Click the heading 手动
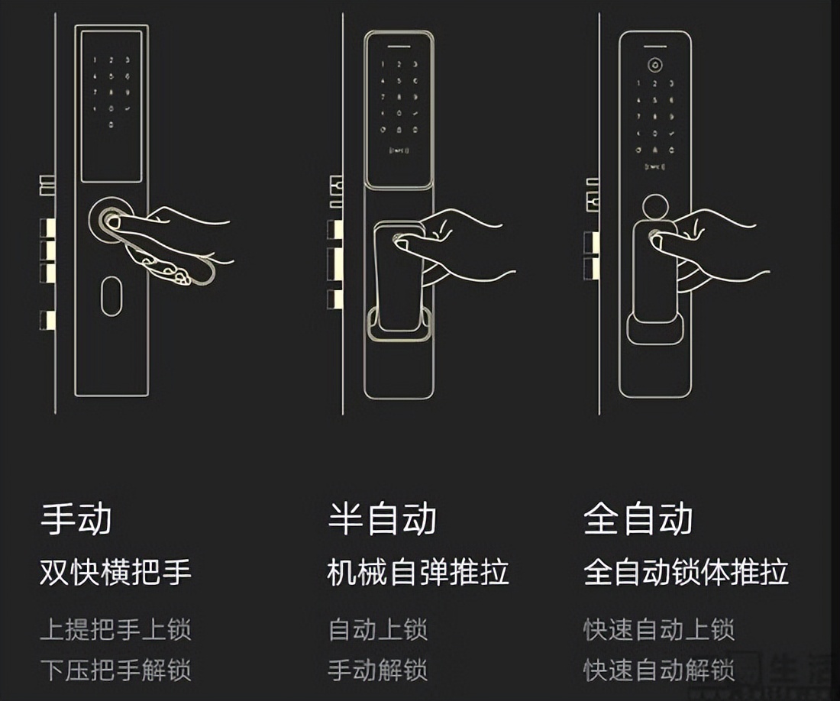pos(76,518)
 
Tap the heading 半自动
pos(383,518)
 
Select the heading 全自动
pos(638,518)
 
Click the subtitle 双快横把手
pos(115,572)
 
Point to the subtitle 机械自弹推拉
pos(418,572)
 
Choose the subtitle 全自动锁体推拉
pos(686,572)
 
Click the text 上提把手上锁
pos(115,630)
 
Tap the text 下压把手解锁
pos(115,670)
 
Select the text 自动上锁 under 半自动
pos(378,630)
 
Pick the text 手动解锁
pos(378,670)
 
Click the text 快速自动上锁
pos(658,630)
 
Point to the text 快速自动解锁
pos(658,670)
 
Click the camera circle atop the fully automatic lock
pos(655,65)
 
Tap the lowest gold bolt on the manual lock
pos(48,319)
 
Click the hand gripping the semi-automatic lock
pos(458,244)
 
